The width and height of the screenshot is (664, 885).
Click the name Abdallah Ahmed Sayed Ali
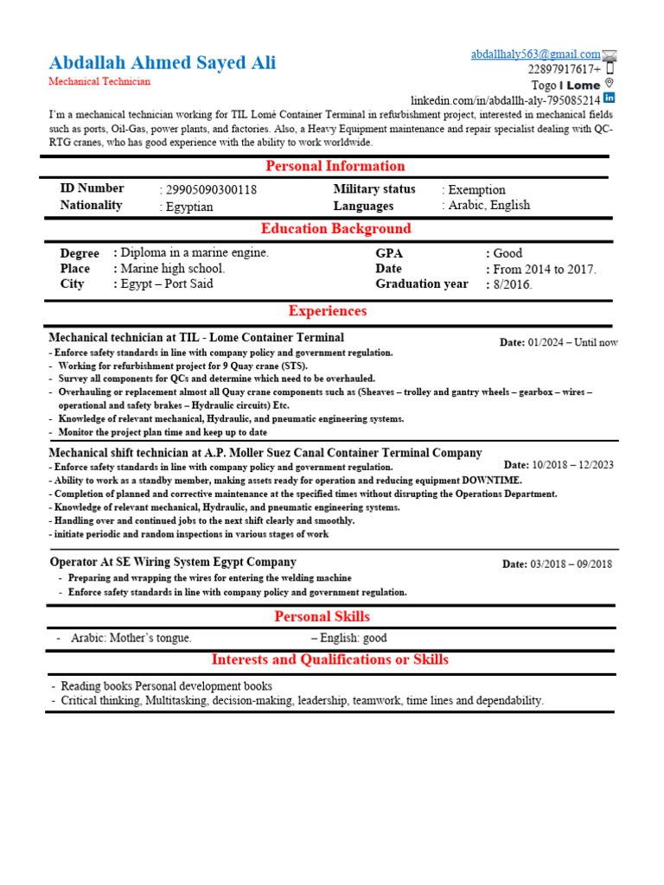pyautogui.click(x=163, y=63)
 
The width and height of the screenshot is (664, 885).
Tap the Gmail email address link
pyautogui.click(x=535, y=54)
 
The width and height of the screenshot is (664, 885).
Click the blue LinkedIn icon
pyautogui.click(x=609, y=99)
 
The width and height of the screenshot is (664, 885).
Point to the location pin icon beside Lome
pyautogui.click(x=609, y=84)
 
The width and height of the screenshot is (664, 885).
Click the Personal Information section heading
pyautogui.click(x=335, y=166)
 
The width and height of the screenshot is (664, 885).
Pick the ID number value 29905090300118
pyautogui.click(x=211, y=189)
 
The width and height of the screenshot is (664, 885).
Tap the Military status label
pyautogui.click(x=374, y=189)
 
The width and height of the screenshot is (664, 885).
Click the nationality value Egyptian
pyautogui.click(x=189, y=207)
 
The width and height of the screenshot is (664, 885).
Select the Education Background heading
pyautogui.click(x=336, y=229)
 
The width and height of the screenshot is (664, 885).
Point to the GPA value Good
pyautogui.click(x=508, y=253)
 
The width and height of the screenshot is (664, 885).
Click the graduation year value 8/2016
pyautogui.click(x=513, y=284)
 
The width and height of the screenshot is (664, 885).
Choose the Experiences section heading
pyautogui.click(x=328, y=311)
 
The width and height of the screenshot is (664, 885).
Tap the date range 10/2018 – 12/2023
pyautogui.click(x=572, y=465)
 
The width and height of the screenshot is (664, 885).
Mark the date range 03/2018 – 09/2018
pyautogui.click(x=569, y=564)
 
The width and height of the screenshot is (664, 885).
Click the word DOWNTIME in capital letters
pyautogui.click(x=493, y=481)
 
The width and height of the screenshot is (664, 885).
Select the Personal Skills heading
pyautogui.click(x=322, y=616)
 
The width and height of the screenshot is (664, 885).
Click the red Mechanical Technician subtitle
pyautogui.click(x=99, y=82)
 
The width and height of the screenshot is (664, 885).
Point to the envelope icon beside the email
pyautogui.click(x=610, y=55)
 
